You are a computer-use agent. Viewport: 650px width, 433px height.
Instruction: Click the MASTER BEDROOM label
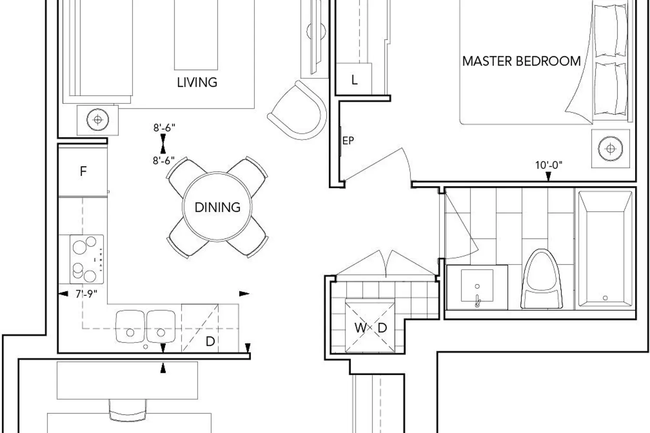[x=521, y=61]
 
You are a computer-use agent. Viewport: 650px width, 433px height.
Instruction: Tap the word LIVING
[x=197, y=82]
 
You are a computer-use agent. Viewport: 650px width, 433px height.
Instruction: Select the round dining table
[x=217, y=207]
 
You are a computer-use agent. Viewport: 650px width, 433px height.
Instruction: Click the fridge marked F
[x=83, y=171]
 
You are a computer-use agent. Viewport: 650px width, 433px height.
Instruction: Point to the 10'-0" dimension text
[x=549, y=165]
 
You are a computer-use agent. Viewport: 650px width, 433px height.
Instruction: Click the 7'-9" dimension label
[x=86, y=294]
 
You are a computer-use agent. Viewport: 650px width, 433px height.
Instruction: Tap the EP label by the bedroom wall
[x=348, y=141]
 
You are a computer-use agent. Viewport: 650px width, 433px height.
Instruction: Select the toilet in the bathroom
[x=542, y=279]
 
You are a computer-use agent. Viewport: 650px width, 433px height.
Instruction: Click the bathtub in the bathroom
[x=605, y=249]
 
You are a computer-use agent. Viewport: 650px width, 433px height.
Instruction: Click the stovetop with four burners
[x=87, y=259]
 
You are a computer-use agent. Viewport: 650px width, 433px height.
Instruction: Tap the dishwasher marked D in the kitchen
[x=200, y=328]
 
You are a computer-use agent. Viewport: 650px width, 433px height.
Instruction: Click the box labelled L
[x=354, y=79]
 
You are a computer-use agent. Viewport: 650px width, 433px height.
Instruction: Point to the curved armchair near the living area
[x=297, y=110]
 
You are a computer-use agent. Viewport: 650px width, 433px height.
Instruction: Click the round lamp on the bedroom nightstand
[x=611, y=149]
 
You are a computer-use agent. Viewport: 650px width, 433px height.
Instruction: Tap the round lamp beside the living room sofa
[x=98, y=120]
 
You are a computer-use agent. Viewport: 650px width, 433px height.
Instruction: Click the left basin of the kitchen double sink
[x=130, y=326]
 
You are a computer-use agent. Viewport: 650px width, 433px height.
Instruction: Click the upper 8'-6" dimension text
[x=164, y=128]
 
